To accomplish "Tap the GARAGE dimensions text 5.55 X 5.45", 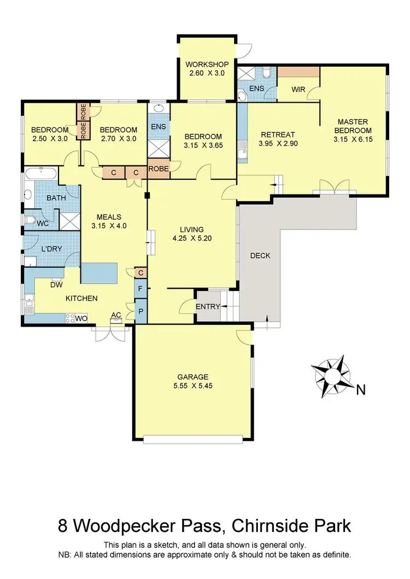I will (192, 386).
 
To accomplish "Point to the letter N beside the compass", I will (360, 389).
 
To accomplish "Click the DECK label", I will (260, 256).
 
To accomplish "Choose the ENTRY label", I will (208, 307).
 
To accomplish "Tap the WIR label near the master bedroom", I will (298, 90).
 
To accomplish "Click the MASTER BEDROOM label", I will (353, 126).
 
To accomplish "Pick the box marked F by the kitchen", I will (140, 288).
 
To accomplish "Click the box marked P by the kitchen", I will (140, 310).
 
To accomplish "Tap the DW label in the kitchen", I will (56, 285).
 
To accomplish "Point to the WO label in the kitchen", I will (81, 317).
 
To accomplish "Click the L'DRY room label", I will (51, 249).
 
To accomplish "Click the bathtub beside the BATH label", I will (41, 176).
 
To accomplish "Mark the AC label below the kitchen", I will (116, 315).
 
